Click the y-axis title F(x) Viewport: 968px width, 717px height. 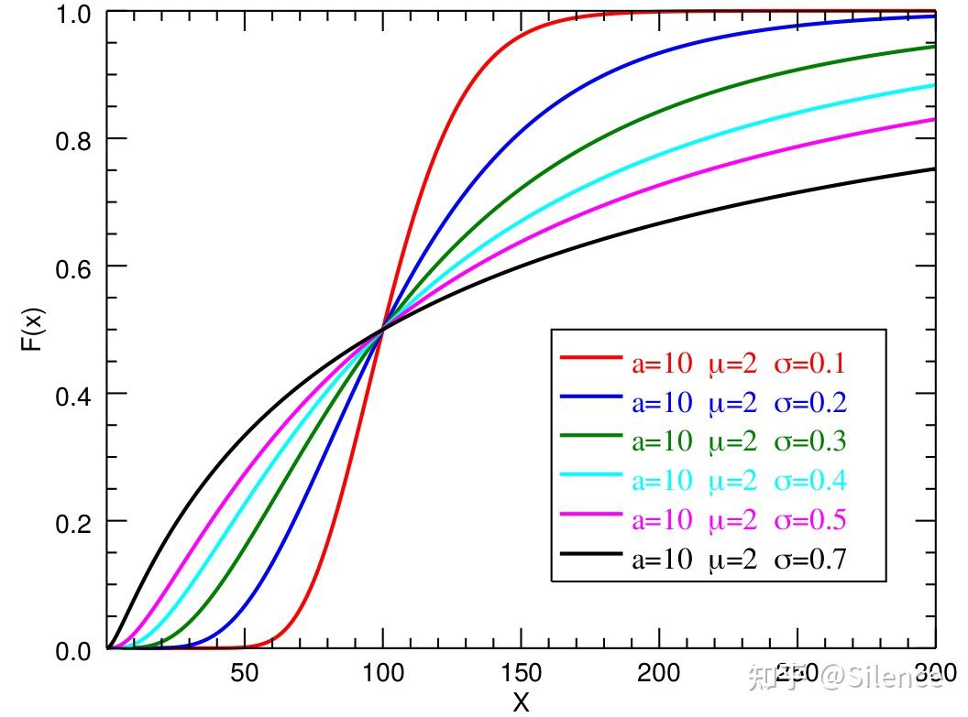pos(32,331)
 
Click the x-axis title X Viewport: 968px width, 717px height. pos(521,702)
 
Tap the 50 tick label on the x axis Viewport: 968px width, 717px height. pos(245,674)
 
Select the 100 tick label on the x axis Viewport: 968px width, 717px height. pos(382,674)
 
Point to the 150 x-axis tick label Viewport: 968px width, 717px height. pos(521,674)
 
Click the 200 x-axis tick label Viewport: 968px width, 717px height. pos(658,674)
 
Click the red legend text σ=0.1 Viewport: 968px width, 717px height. pos(809,364)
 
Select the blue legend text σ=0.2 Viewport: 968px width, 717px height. pos(809,403)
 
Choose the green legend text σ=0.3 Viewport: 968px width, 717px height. pos(809,442)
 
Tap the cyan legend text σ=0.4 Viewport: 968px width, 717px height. pos(809,481)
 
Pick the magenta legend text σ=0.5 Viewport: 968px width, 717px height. pos(809,520)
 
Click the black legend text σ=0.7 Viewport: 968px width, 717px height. pos(809,559)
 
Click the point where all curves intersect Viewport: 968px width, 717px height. pos(382,329)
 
